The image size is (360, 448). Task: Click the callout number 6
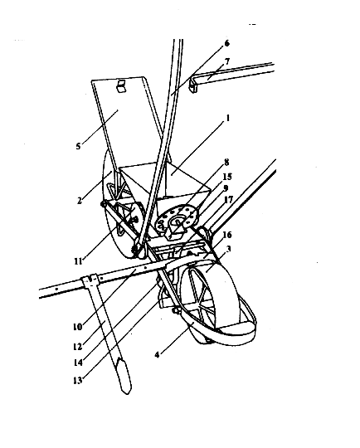coord(226,43)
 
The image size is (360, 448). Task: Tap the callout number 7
coord(227,61)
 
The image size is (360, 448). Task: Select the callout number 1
coord(228,118)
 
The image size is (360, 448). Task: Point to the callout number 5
coord(78,146)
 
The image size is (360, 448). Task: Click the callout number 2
coord(80,201)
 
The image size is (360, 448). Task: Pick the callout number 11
coord(78,261)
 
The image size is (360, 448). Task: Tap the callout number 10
coord(78,327)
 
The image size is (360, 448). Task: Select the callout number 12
coord(78,347)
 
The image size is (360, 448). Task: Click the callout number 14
coord(78,363)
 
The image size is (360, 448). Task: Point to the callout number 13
coord(78,381)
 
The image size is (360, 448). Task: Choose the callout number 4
coord(157,355)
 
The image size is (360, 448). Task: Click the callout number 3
coord(228,249)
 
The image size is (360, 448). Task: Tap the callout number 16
coord(227,235)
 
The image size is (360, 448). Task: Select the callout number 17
coord(229,199)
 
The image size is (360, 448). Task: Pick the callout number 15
coord(227,177)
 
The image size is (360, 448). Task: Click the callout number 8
coord(226,163)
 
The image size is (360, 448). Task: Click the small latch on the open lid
coord(121,86)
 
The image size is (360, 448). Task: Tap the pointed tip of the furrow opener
coord(126,394)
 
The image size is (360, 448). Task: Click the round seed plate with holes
coord(177,219)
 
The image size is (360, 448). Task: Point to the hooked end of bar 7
coord(193,85)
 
